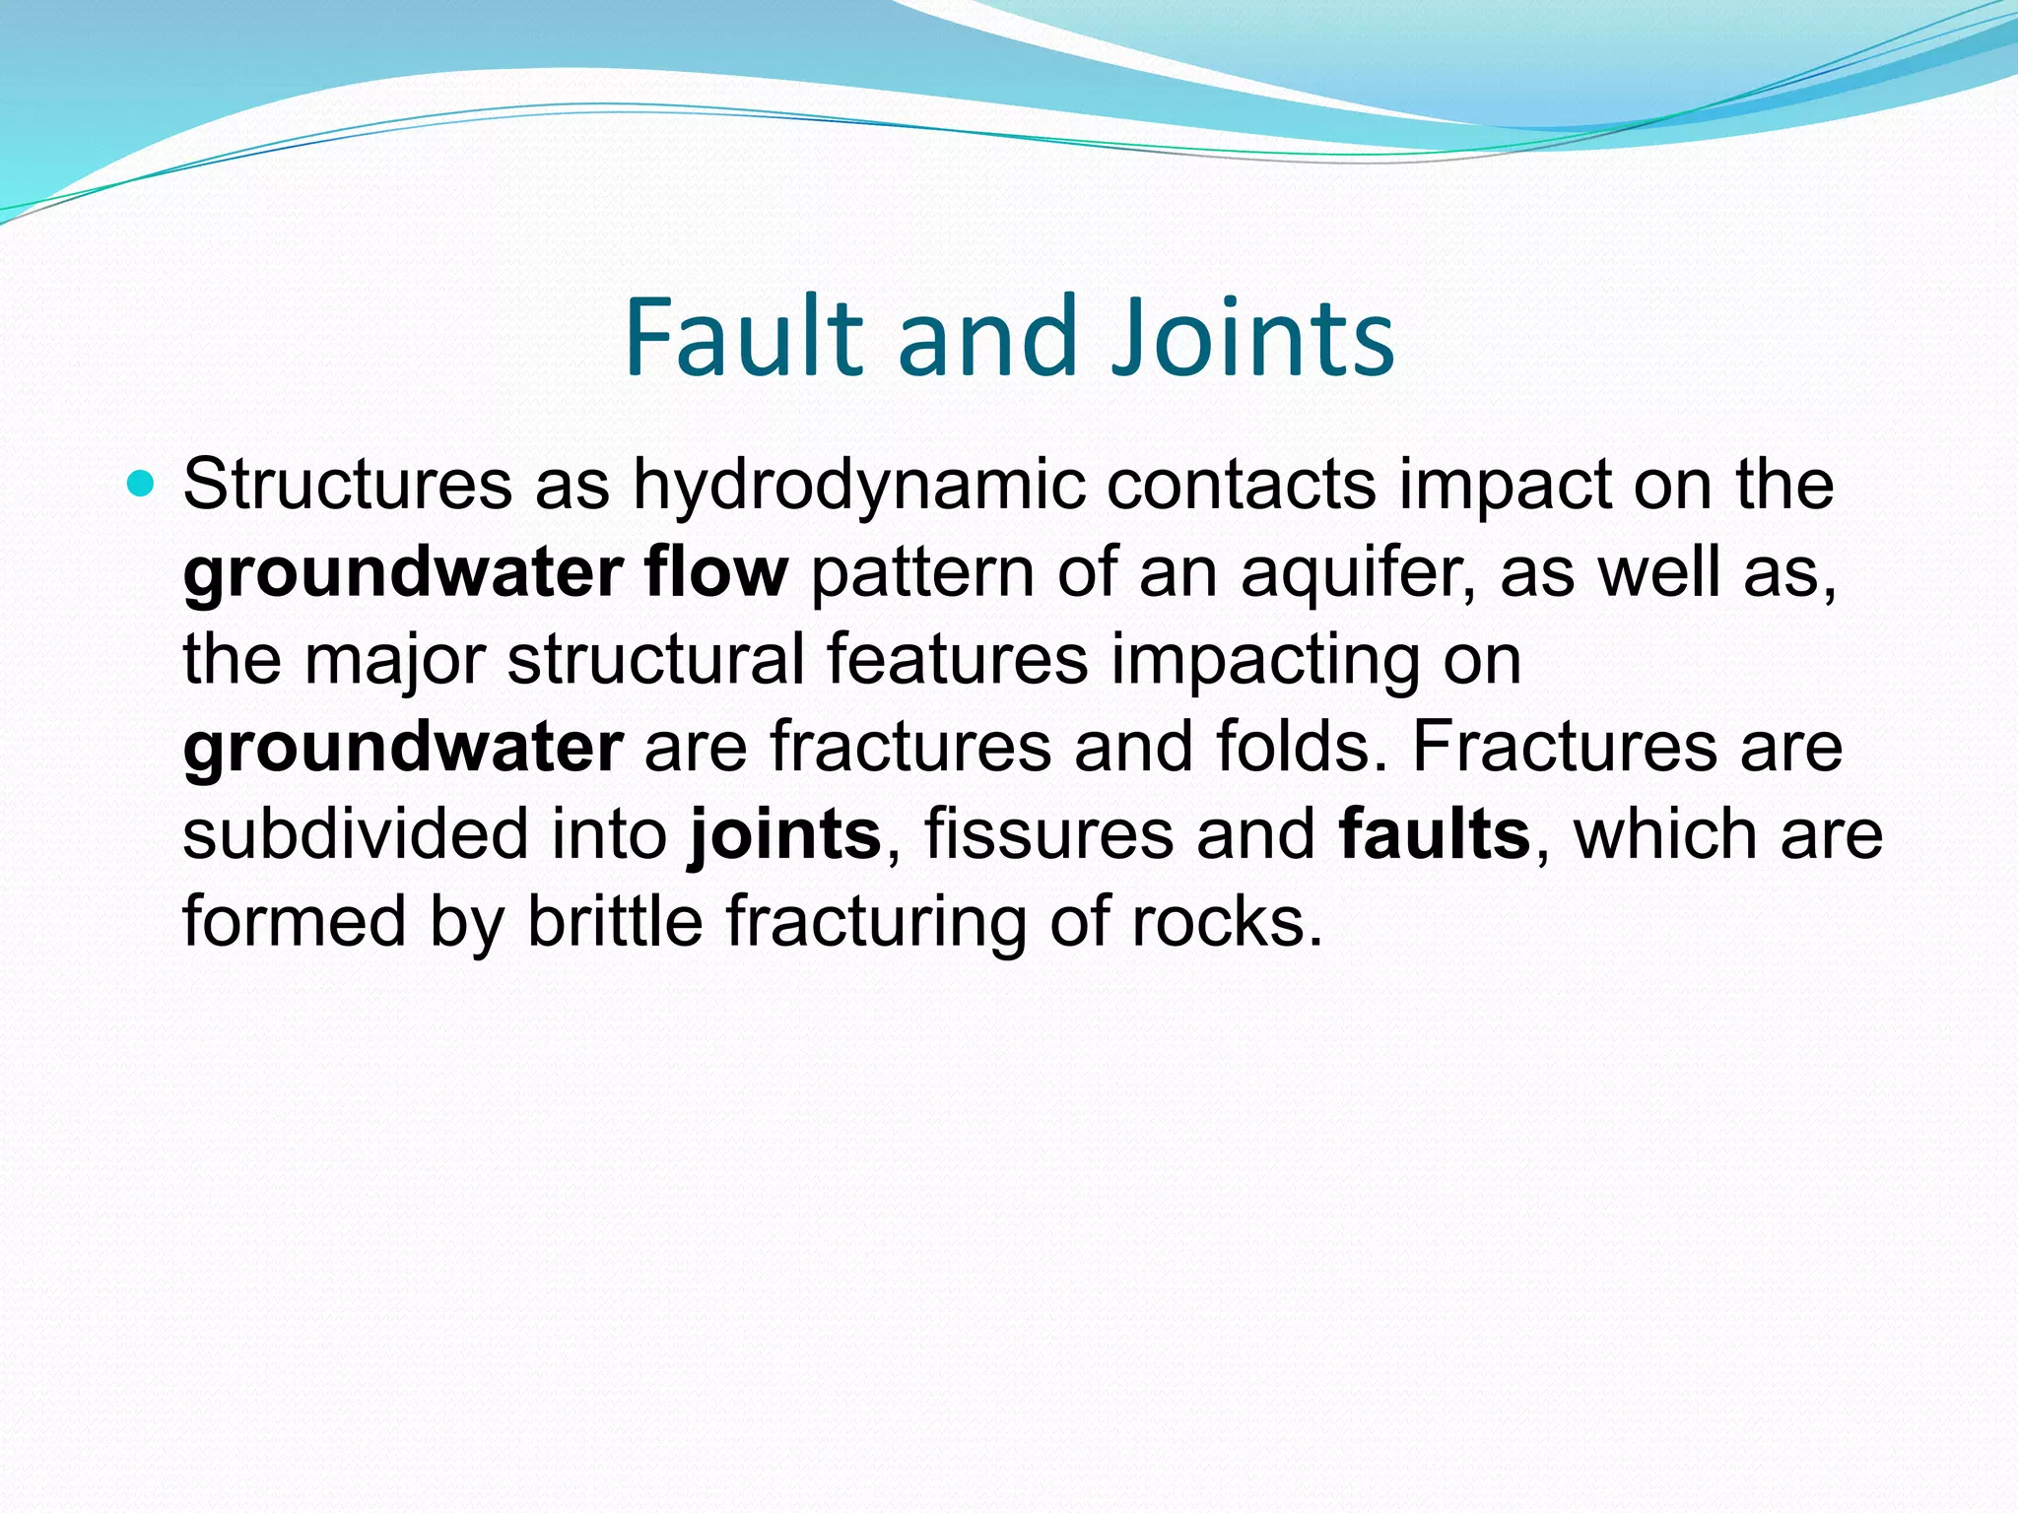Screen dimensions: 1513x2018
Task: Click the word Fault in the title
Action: [744, 337]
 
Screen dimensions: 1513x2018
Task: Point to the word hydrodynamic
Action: [857, 486]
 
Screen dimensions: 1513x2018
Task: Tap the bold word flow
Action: [716, 571]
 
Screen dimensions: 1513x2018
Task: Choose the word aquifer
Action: [1358, 573]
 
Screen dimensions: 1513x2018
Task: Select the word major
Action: [394, 660]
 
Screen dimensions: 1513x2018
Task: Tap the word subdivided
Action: [355, 833]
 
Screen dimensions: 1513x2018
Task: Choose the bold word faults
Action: [1434, 833]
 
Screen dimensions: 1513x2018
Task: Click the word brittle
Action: [615, 921]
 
